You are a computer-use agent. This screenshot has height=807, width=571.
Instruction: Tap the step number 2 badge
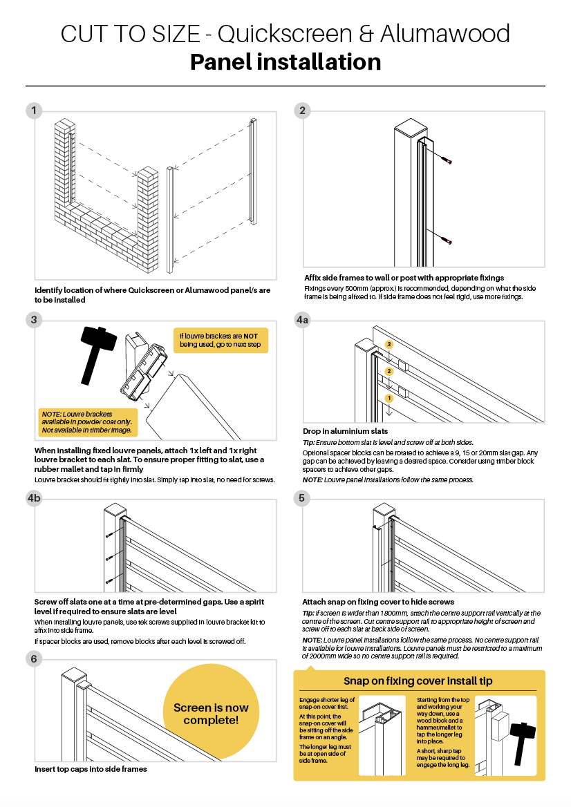pyautogui.click(x=302, y=111)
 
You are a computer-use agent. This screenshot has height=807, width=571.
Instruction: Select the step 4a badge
pyautogui.click(x=303, y=320)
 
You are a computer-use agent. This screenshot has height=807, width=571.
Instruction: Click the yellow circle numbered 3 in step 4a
pyautogui.click(x=389, y=344)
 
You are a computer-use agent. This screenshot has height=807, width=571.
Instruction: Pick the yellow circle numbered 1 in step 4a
pyautogui.click(x=389, y=399)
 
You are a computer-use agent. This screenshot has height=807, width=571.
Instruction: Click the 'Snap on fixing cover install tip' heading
pyautogui.click(x=418, y=681)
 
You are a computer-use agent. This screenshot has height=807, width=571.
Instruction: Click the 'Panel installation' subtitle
pyautogui.click(x=285, y=62)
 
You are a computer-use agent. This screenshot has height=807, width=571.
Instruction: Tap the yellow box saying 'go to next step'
pyautogui.click(x=221, y=340)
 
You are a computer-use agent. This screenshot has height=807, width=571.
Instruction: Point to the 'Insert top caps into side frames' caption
pyautogui.click(x=91, y=768)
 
